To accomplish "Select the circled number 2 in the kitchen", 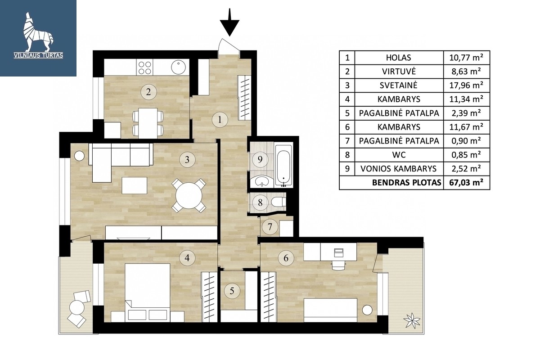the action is [148, 92].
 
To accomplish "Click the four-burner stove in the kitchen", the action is [144, 67].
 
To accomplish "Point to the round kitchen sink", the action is [179, 67].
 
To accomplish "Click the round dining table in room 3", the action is [189, 196].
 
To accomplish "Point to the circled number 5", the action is [232, 291].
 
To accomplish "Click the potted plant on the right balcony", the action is [412, 320].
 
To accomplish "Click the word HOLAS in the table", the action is [399, 58].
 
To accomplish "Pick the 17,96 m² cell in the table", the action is [466, 85].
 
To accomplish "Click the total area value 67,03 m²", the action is [466, 183].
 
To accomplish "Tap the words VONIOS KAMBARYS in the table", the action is [399, 169].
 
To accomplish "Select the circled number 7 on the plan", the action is [270, 227].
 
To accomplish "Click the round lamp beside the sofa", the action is [79, 156].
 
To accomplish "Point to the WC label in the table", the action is [399, 155].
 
